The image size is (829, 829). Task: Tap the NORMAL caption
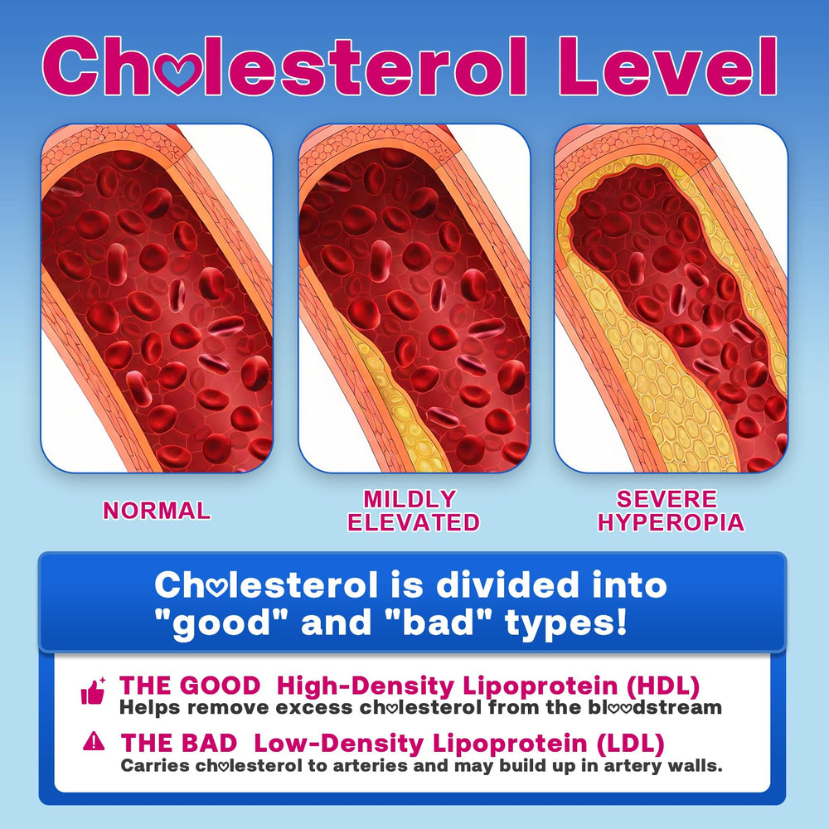(156, 511)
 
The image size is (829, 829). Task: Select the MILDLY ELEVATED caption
(413, 511)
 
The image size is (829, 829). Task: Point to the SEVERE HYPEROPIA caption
(671, 511)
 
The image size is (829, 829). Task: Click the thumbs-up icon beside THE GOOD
(93, 691)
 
